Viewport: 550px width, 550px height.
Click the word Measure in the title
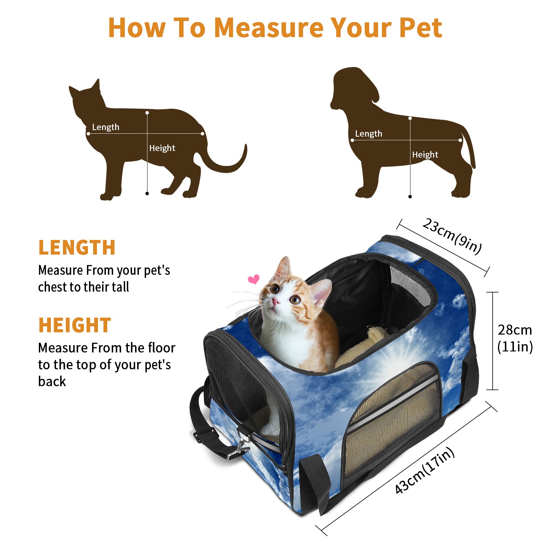[x=268, y=27]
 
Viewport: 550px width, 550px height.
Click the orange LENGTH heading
[x=77, y=247]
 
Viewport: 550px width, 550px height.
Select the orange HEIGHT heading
[x=75, y=325]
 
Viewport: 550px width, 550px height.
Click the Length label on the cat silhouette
[x=106, y=127]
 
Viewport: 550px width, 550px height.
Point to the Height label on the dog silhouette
[x=425, y=155]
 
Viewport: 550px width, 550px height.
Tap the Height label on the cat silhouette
[x=162, y=148]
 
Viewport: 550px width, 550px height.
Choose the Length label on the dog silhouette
[x=368, y=134]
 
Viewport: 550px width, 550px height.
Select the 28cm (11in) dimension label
[x=515, y=338]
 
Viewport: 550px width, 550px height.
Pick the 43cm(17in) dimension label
[x=425, y=470]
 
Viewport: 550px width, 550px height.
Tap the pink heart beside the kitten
[x=254, y=279]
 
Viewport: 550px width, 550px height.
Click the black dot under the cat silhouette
[x=147, y=194]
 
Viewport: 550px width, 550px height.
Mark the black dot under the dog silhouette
[x=410, y=197]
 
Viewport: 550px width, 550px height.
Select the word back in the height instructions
[x=52, y=382]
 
